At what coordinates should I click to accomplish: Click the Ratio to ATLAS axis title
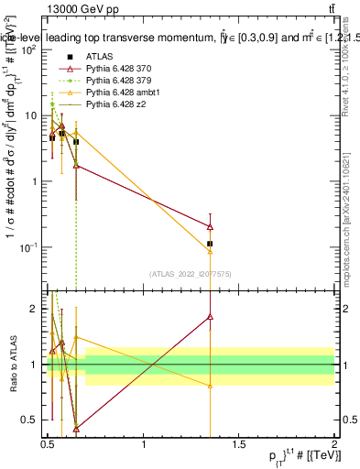tap(12, 364)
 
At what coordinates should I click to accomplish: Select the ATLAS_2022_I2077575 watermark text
tap(190, 274)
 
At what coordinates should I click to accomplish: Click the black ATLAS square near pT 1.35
tap(211, 244)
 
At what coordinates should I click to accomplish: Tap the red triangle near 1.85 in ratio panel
tap(211, 317)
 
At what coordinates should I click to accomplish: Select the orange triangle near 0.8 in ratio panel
tap(211, 386)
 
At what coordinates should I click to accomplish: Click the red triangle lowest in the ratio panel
tap(76, 428)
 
